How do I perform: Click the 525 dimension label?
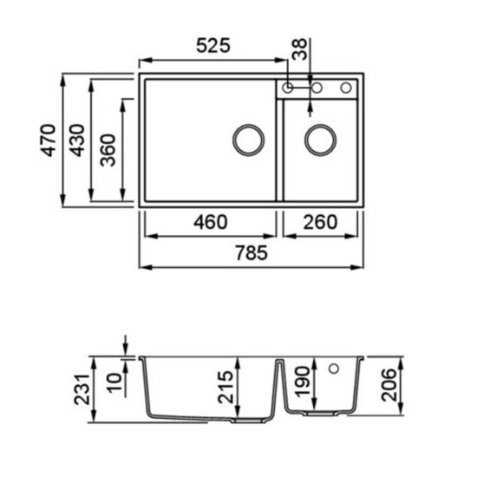coord(213,46)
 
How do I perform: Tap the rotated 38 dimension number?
coord(300,49)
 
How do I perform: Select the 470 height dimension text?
coord(49,140)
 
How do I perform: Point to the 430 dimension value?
coord(76,140)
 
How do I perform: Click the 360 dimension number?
coord(108,150)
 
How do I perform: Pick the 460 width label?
coord(211,222)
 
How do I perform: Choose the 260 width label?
coord(320,222)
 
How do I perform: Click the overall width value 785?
coord(252,252)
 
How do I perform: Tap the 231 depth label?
coord(82,389)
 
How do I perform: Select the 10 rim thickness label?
coord(114,382)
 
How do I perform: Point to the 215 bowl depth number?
coord(225,387)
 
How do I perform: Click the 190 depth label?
coord(303,382)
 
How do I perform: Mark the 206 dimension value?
coord(389,385)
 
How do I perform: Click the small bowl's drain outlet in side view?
coord(321,414)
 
